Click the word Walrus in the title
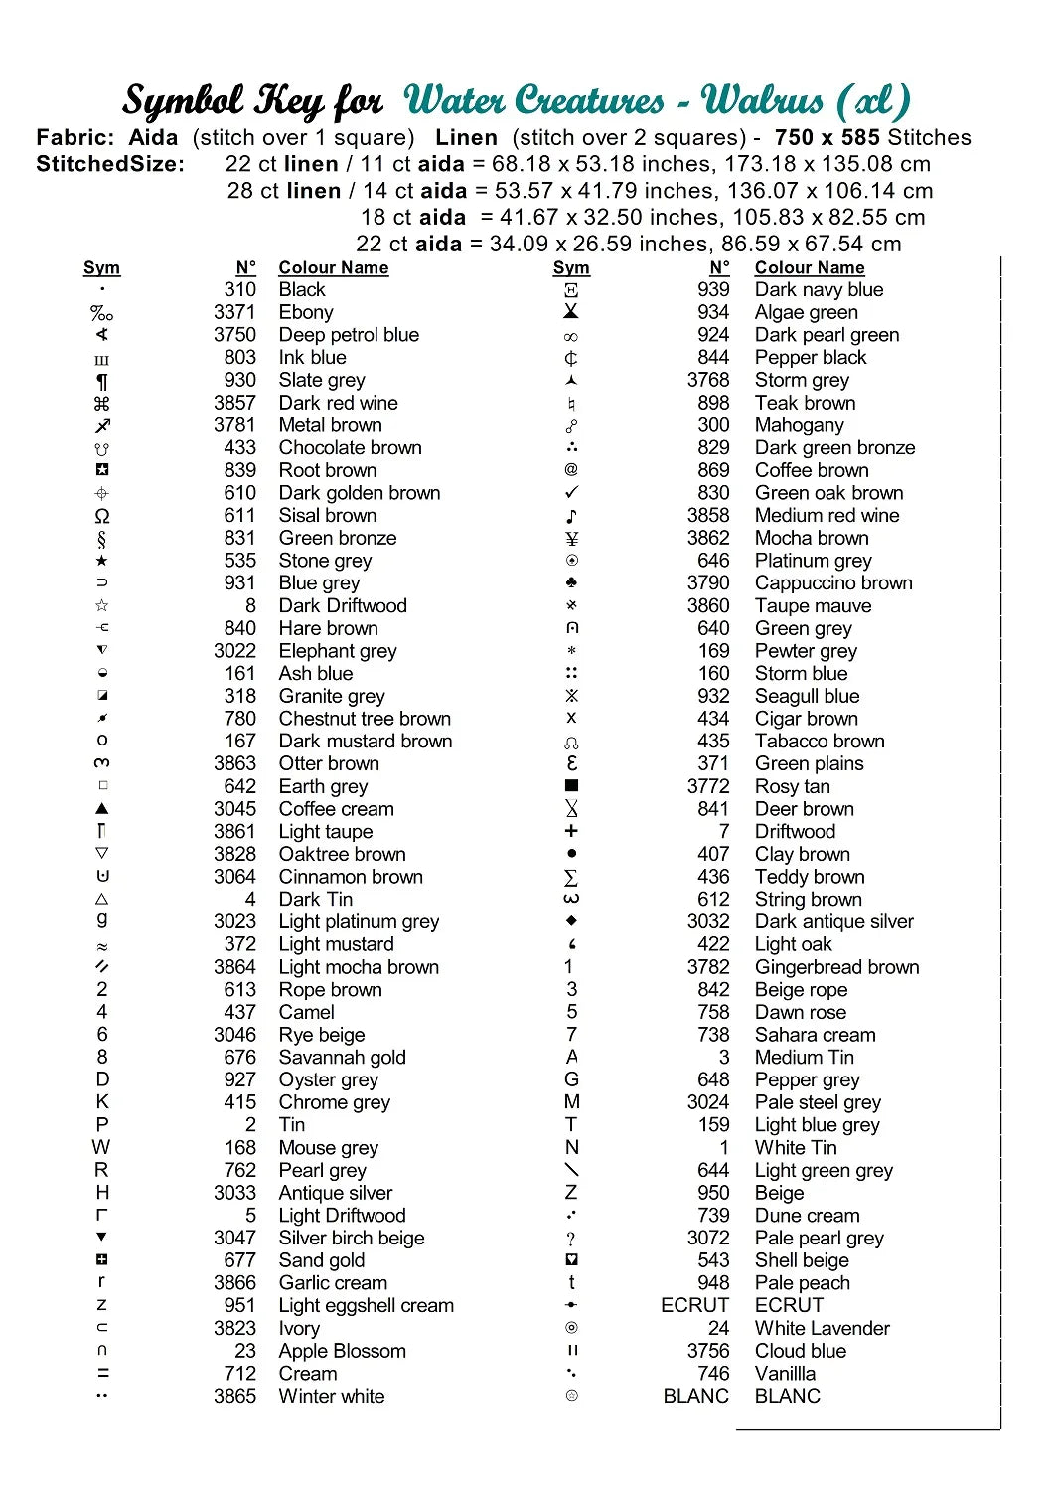[x=762, y=101]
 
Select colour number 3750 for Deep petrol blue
[x=234, y=335]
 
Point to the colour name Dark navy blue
[x=819, y=289]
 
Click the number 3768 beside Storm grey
[x=707, y=380]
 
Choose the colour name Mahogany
[x=799, y=425]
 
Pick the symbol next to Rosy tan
[x=571, y=786]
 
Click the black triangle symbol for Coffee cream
[x=102, y=809]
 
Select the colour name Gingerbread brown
[x=836, y=967]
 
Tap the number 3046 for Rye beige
[x=234, y=1035]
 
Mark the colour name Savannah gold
[x=342, y=1058]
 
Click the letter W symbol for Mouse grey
[x=101, y=1148]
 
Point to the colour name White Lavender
[x=822, y=1329]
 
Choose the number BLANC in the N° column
[x=695, y=1397]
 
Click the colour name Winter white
[x=332, y=1397]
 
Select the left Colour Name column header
[x=333, y=267]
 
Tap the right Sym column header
[x=571, y=267]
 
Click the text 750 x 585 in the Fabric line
[x=828, y=138]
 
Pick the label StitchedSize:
[x=110, y=164]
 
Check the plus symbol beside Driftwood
[x=571, y=831]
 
